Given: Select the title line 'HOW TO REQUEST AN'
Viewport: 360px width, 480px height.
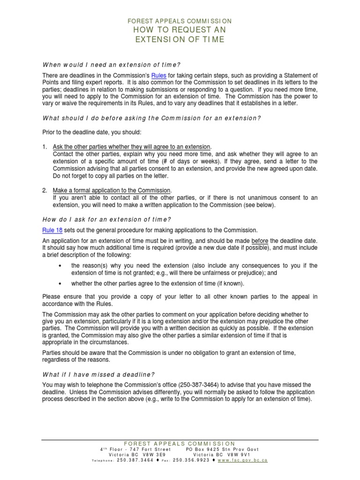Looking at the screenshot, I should coord(180,30).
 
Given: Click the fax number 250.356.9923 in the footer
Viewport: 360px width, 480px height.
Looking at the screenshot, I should coord(192,461).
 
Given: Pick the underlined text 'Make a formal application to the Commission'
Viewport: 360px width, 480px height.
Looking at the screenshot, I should coord(112,190).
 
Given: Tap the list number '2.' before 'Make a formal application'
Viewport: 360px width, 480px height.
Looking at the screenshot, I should coord(45,190).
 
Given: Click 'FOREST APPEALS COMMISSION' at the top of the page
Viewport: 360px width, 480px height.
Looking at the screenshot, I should coord(180,21).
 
